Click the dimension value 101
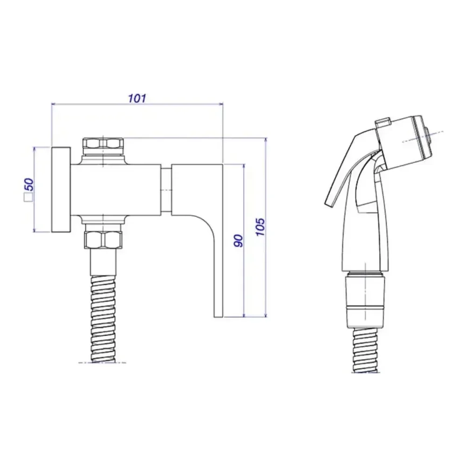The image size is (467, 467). pos(137,98)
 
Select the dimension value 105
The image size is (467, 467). pos(260,226)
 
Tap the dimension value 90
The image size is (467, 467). pos(238,241)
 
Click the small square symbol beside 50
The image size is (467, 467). pos(28,198)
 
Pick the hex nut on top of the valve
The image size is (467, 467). pos(103,143)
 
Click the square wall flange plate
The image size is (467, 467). pos(61,190)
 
